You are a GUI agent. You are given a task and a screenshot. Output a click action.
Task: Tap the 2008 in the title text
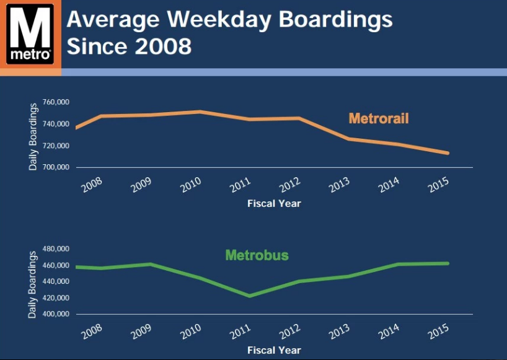(160, 46)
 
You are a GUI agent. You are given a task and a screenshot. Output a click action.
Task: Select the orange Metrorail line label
(379, 118)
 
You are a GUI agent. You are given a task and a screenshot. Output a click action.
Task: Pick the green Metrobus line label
(257, 255)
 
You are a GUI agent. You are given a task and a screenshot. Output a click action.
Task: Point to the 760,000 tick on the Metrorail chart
(56, 102)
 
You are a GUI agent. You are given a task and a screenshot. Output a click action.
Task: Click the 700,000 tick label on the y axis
(56, 168)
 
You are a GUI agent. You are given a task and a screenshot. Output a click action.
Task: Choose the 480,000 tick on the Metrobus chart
(56, 249)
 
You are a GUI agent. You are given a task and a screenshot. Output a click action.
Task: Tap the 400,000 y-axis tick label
(56, 314)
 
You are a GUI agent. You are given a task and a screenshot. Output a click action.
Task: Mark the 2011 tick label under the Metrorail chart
(240, 185)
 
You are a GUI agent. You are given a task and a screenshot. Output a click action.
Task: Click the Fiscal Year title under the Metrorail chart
(274, 203)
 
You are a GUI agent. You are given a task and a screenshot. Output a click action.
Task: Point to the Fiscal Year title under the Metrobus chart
(274, 350)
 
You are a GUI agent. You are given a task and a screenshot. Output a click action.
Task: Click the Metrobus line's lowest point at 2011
(249, 296)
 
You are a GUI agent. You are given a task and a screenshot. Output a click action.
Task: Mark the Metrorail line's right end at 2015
(447, 153)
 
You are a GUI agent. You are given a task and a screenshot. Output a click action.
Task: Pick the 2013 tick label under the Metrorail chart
(339, 185)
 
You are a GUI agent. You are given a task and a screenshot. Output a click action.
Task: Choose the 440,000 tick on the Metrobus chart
(56, 281)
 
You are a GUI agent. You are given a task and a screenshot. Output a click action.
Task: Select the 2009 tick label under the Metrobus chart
(141, 331)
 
